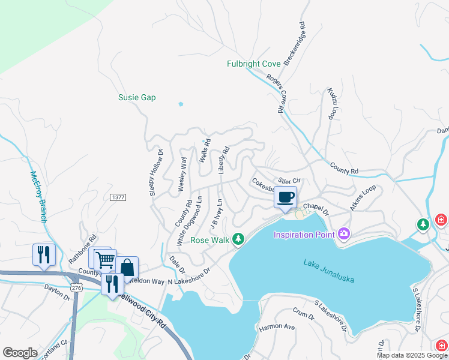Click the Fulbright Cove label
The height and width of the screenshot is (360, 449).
pyautogui.click(x=253, y=64)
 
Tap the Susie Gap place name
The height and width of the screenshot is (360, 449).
pyautogui.click(x=137, y=97)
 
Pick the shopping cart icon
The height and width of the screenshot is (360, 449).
pyautogui.click(x=105, y=260)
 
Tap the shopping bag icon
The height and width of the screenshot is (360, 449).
pyautogui.click(x=127, y=267)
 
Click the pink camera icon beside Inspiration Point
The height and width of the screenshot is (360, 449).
pyautogui.click(x=344, y=233)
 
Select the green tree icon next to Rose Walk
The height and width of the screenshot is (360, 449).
pyautogui.click(x=238, y=239)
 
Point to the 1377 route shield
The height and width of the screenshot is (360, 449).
pyautogui.click(x=118, y=197)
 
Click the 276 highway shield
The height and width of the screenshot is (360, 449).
pyautogui.click(x=76, y=289)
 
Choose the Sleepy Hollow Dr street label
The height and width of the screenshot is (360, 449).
pyautogui.click(x=152, y=172)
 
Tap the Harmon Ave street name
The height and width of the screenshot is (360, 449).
pyautogui.click(x=277, y=327)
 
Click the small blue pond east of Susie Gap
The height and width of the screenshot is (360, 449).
pyautogui.click(x=181, y=104)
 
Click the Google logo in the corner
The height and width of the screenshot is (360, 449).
pyautogui.click(x=20, y=353)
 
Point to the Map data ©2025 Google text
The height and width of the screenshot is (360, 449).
pyautogui.click(x=412, y=355)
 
